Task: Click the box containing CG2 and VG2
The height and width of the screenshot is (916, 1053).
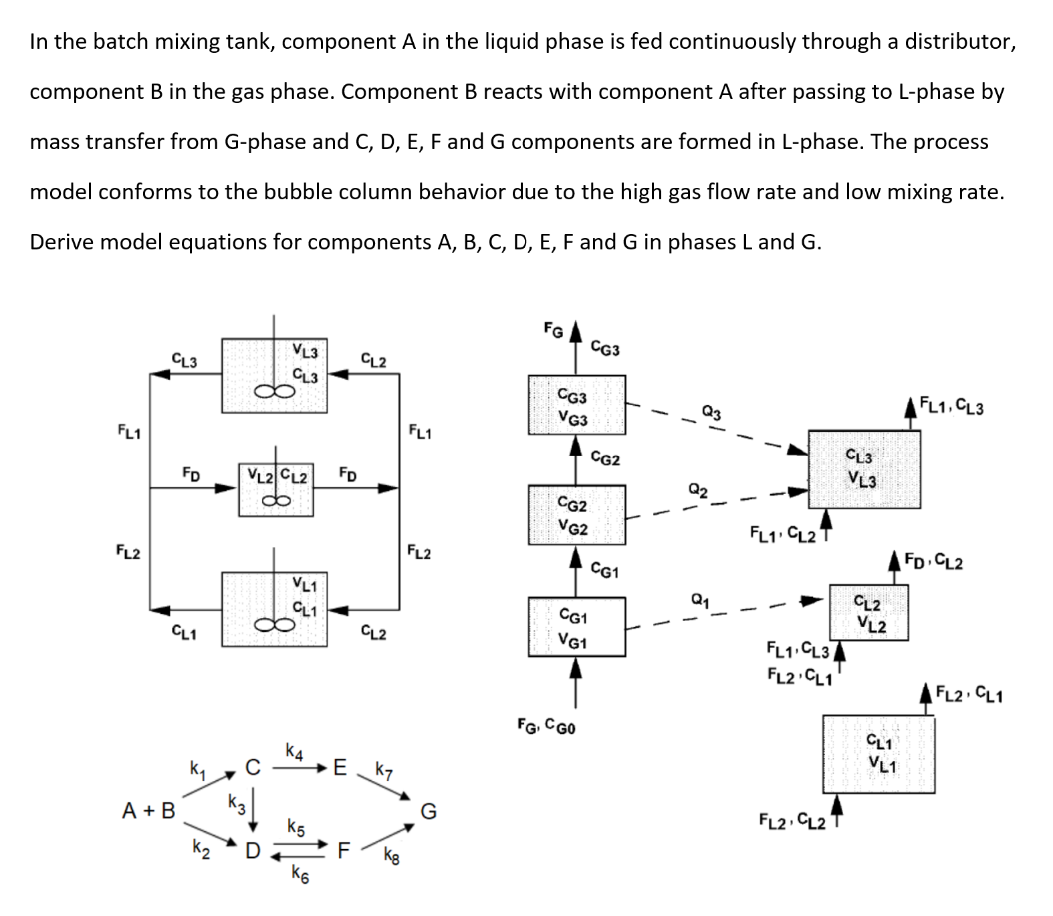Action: [x=577, y=514]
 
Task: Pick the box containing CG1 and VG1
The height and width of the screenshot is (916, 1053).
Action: [x=577, y=626]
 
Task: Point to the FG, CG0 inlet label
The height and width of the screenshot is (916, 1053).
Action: [x=547, y=724]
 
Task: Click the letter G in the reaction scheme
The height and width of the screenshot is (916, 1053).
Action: [x=429, y=812]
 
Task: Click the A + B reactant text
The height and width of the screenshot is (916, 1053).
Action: [x=148, y=811]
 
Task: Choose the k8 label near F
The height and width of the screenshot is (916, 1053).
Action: [x=392, y=855]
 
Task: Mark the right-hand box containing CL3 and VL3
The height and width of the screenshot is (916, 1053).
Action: [x=864, y=469]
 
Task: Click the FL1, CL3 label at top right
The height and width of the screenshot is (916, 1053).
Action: [x=951, y=405]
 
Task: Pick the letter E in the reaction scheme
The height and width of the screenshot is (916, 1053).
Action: [x=340, y=767]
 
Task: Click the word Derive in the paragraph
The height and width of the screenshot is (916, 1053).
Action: [x=62, y=241]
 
